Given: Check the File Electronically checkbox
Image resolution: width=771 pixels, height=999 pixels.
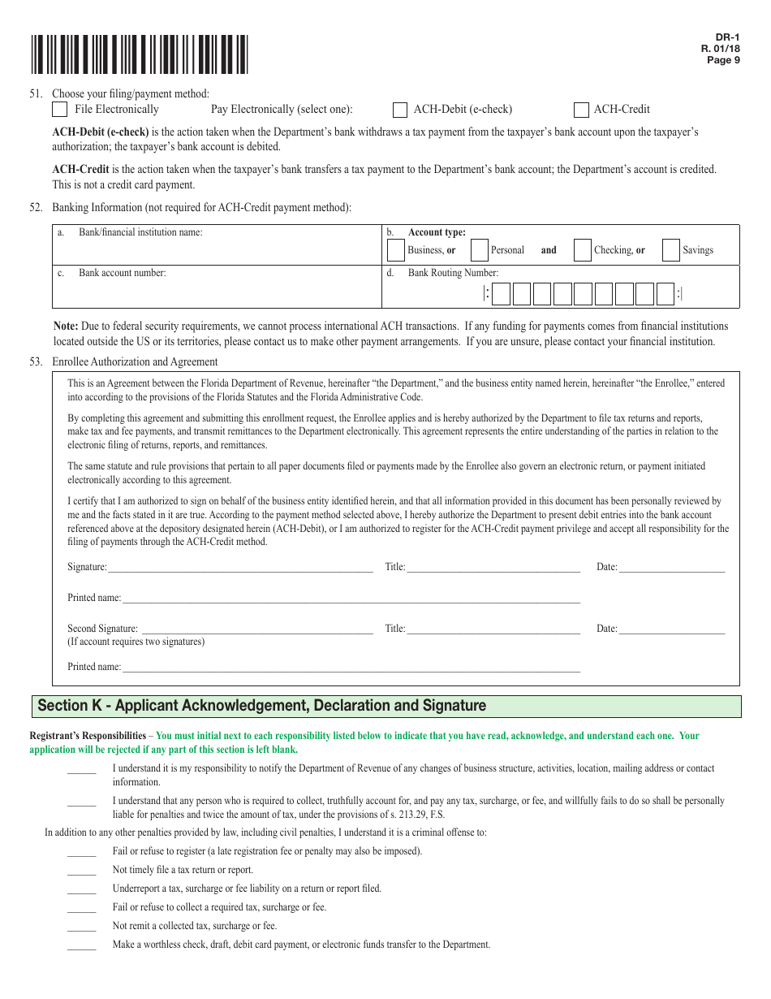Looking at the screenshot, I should [x=60, y=110].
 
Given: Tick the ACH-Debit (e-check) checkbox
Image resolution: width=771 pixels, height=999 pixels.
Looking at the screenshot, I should [x=399, y=110].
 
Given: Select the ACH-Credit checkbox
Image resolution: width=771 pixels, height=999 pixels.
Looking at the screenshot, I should [x=580, y=110].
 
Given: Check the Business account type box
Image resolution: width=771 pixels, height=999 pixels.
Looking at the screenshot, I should [x=395, y=250].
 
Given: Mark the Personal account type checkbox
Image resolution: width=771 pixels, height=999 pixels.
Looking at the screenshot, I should [x=479, y=250].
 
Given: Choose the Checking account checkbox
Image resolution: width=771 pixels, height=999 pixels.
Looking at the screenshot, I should [x=582, y=250].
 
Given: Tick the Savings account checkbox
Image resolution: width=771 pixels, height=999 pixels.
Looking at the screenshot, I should [x=670, y=250].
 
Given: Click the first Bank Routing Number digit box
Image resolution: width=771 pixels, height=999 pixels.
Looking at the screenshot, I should [x=501, y=294].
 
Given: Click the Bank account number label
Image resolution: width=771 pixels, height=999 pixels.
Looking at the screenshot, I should [x=122, y=273].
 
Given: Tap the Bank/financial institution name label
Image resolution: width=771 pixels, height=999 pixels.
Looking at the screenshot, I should [x=140, y=232].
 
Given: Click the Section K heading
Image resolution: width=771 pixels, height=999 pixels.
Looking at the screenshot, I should [x=262, y=706].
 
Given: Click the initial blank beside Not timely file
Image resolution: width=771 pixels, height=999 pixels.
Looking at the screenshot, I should [x=81, y=871].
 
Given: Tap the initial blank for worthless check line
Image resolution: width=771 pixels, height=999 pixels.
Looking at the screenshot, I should [x=81, y=946].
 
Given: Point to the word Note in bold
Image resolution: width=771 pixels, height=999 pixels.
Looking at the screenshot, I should [x=66, y=326].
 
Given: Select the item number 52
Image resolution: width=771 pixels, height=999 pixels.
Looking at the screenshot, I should [x=36, y=208].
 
